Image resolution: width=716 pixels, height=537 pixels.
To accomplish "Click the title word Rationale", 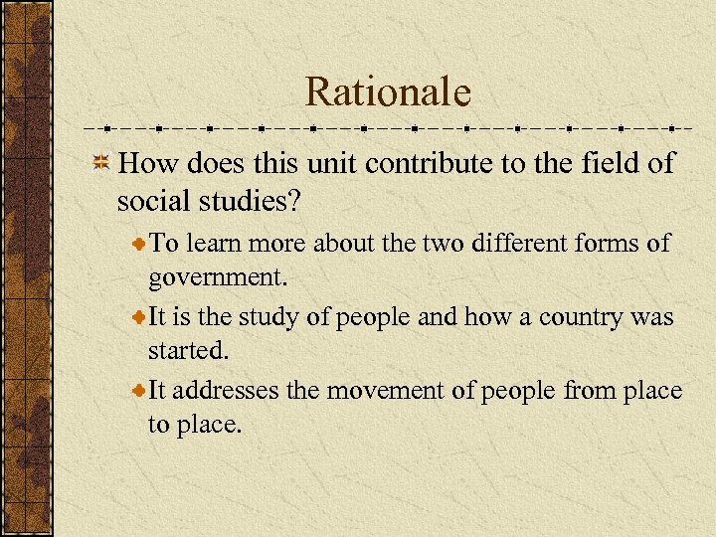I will (x=388, y=92).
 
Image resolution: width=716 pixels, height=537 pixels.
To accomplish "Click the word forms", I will (x=604, y=244).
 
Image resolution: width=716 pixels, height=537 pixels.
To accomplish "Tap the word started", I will (x=185, y=349).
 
